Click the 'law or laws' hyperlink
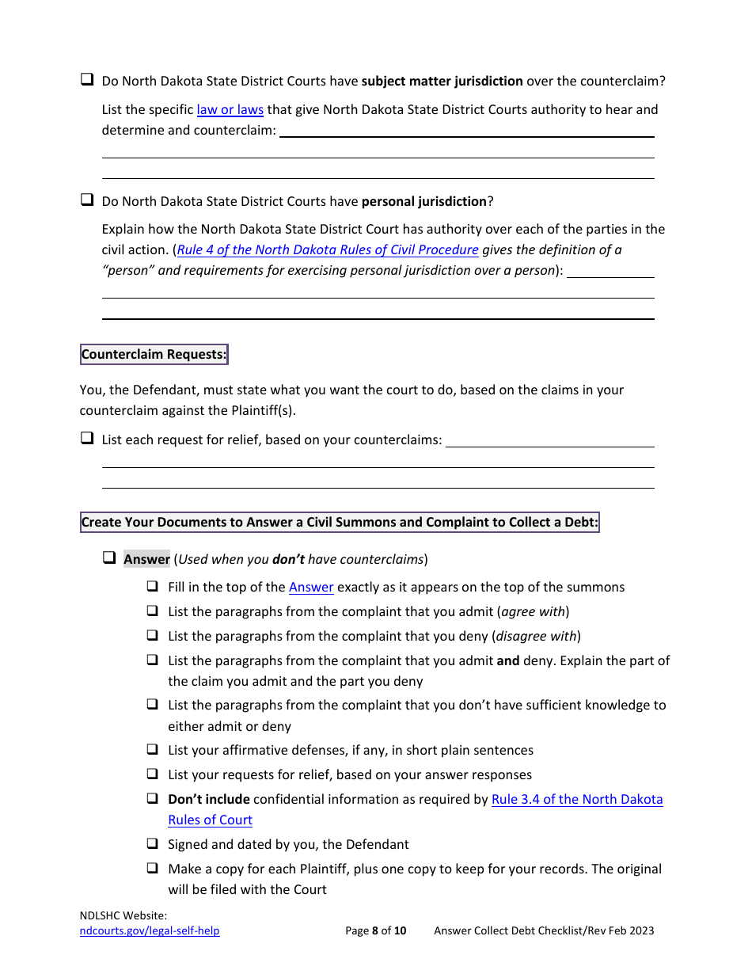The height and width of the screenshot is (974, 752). coord(230,109)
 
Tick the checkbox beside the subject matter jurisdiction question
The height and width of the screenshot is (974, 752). coord(87,80)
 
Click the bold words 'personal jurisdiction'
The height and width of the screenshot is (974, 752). coord(423,201)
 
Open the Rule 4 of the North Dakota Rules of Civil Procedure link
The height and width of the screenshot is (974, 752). coord(328,249)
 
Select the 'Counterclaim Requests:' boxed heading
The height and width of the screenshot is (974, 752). coord(154,354)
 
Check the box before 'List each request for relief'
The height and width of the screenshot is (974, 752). coord(87,438)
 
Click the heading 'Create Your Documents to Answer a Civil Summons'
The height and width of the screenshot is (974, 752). coord(340,522)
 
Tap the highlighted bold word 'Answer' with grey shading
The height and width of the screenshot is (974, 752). coord(146,559)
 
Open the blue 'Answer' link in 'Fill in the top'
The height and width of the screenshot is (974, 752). coord(311,587)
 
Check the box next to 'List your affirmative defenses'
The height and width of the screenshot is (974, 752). coord(152,749)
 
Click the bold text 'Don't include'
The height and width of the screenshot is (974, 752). coord(209,799)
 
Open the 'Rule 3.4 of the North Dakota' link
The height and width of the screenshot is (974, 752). coord(577,799)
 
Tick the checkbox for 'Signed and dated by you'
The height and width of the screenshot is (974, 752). coord(152,843)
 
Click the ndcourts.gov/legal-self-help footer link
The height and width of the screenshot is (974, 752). coord(150,930)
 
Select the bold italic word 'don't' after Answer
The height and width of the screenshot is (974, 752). coord(288,559)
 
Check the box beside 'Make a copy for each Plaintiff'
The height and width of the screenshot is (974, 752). coord(152,868)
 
